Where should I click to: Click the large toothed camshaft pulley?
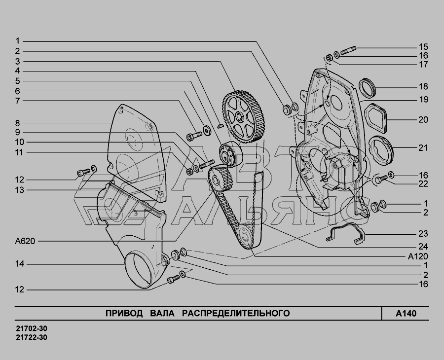[244, 116]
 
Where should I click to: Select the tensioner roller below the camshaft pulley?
[230, 154]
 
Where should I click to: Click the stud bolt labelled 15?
[349, 50]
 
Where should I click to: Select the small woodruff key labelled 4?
[221, 125]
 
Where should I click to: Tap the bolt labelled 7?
[194, 137]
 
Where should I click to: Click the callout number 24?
[423, 246]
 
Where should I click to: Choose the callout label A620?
[25, 242]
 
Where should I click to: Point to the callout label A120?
[418, 256]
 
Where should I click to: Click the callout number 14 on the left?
[20, 264]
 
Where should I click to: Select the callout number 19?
[423, 100]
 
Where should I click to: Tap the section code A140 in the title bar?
[406, 314]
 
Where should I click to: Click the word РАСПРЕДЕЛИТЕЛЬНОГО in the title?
[236, 313]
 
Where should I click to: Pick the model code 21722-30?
[32, 337]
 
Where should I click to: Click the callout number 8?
[18, 123]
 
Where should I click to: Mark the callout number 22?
[423, 183]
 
